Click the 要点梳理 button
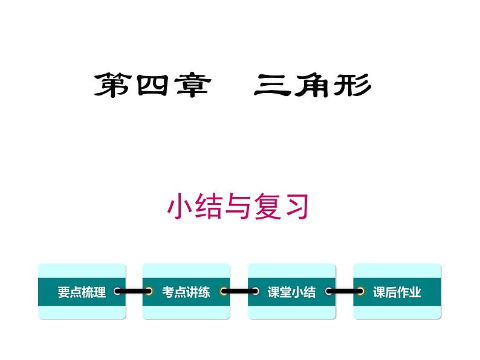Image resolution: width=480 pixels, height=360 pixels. tap(82, 292)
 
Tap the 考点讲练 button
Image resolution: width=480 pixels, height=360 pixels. tap(186, 292)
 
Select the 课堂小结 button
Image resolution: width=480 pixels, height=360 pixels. tap(291, 292)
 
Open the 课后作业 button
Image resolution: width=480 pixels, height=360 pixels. tap(397, 292)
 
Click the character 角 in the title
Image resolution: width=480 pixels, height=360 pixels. tap(312, 85)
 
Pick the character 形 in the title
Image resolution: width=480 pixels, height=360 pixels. tap(352, 85)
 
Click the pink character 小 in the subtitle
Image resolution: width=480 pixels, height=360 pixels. tap(181, 207)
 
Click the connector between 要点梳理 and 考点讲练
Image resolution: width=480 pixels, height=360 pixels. tap(134, 292)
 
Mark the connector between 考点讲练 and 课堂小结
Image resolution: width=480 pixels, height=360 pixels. tap(239, 292)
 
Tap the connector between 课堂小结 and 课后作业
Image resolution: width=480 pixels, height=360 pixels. tap(344, 292)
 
